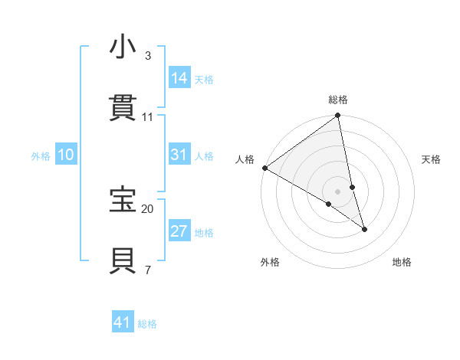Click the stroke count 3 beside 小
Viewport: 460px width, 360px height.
point(148,56)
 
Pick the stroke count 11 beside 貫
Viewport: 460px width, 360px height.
point(148,116)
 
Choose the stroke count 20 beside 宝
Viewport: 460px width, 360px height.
point(148,208)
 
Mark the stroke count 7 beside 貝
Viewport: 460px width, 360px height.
point(148,269)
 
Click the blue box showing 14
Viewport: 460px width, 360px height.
point(179,78)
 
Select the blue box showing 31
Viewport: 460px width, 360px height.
point(179,155)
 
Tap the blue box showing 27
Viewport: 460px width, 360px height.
point(179,231)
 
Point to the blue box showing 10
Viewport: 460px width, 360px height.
point(66,155)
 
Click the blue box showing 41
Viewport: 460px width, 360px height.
point(123,322)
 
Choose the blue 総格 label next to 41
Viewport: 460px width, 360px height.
point(148,324)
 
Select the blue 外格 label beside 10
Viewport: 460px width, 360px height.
point(41,156)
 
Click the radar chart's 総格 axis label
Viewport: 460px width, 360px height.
point(338,100)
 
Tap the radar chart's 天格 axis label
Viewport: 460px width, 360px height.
point(432,159)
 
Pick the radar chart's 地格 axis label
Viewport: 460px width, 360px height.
point(402,262)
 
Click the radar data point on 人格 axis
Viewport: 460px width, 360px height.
point(264,168)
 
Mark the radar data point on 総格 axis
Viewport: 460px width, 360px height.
point(338,116)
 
